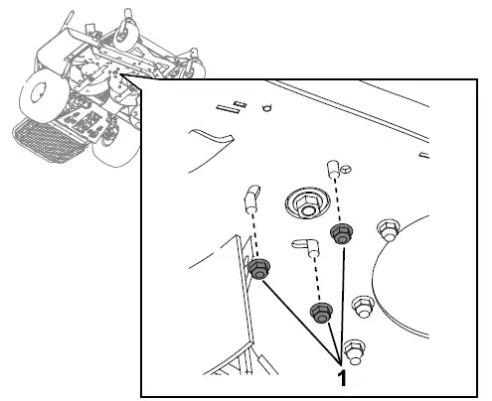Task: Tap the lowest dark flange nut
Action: [x=320, y=314]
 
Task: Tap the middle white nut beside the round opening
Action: [x=363, y=301]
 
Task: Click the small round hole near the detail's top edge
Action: [x=265, y=108]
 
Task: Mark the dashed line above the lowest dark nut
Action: [x=316, y=283]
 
